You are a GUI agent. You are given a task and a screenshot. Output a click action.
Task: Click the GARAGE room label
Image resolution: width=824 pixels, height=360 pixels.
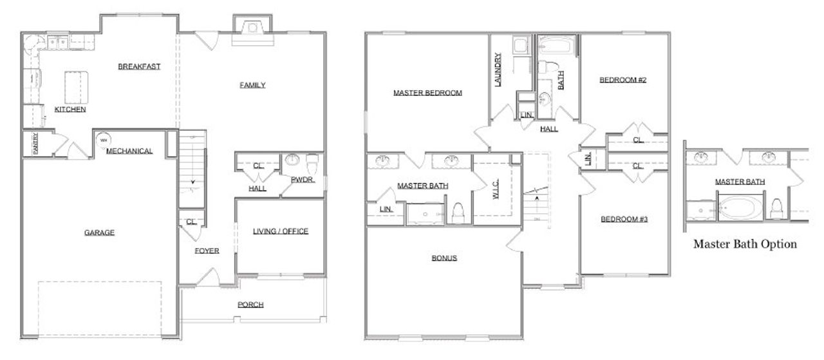99,232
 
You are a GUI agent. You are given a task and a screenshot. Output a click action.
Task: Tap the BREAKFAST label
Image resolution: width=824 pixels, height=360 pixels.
139,66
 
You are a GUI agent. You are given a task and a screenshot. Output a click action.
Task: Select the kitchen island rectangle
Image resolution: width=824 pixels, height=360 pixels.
75,87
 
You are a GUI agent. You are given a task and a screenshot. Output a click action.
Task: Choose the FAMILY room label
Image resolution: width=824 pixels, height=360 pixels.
252,85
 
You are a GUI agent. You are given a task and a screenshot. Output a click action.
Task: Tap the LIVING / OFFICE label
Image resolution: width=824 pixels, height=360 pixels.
280,231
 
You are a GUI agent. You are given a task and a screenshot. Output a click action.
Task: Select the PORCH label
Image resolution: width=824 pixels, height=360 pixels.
250,305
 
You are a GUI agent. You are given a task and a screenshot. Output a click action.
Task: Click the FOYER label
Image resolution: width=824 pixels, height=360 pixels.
207,251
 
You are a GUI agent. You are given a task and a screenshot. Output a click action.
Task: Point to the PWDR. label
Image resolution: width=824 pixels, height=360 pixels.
303,180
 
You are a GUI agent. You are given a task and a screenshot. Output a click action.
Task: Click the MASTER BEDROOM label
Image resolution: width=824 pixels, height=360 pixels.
427,93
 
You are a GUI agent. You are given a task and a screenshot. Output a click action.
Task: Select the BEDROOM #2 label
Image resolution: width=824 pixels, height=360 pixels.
623,80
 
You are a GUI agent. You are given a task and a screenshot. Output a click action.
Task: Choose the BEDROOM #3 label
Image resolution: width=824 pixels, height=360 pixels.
624,219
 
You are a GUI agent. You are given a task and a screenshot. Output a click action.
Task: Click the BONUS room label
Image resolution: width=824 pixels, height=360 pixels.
444,258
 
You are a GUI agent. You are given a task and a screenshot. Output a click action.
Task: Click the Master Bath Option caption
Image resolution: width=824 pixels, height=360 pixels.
745,244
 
